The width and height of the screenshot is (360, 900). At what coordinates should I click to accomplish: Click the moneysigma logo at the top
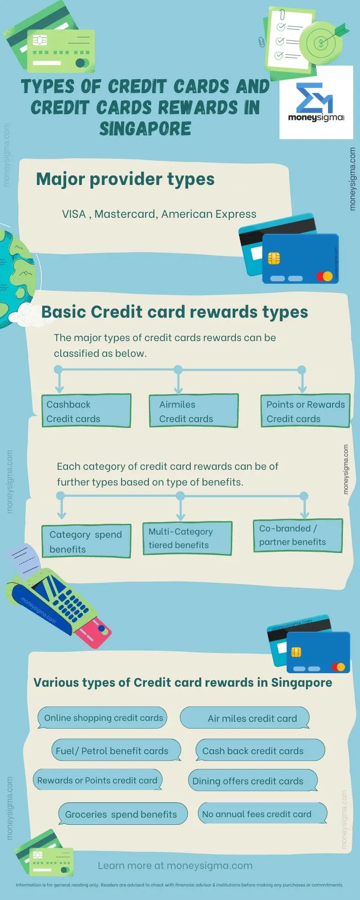[316, 103]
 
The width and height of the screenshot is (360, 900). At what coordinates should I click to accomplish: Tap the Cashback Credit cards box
[86, 411]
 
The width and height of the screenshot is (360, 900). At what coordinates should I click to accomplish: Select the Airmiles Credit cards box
[193, 411]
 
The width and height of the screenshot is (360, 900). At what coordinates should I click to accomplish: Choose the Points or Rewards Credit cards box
[305, 411]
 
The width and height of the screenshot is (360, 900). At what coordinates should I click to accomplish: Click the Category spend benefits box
[86, 541]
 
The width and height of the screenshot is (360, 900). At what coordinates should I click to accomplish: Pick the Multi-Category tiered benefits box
[187, 538]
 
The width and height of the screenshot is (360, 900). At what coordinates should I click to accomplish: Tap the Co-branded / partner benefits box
[298, 535]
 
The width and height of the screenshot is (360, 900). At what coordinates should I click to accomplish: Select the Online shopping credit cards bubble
[103, 718]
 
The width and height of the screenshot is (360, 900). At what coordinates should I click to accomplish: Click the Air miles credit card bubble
[246, 718]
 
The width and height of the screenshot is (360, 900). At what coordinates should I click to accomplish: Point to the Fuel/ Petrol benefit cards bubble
[116, 751]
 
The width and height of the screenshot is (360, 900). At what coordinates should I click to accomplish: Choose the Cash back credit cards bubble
[260, 751]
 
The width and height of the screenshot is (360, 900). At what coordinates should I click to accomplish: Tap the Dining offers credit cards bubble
[252, 781]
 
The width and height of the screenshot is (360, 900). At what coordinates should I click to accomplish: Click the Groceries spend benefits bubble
[122, 814]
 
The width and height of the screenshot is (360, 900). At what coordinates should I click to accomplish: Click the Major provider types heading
[125, 179]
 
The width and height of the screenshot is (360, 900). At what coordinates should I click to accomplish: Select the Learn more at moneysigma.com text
[175, 865]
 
